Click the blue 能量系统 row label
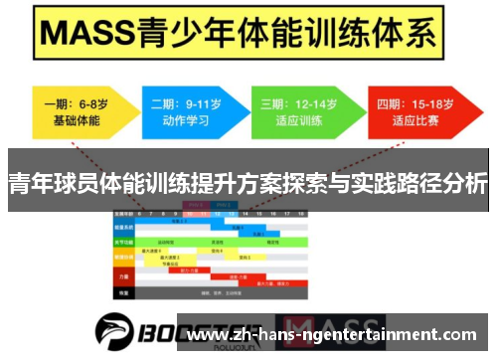[124, 227]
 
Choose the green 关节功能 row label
[124, 241]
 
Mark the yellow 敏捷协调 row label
[124, 257]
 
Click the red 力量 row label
[124, 277]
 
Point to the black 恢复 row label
[124, 292]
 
